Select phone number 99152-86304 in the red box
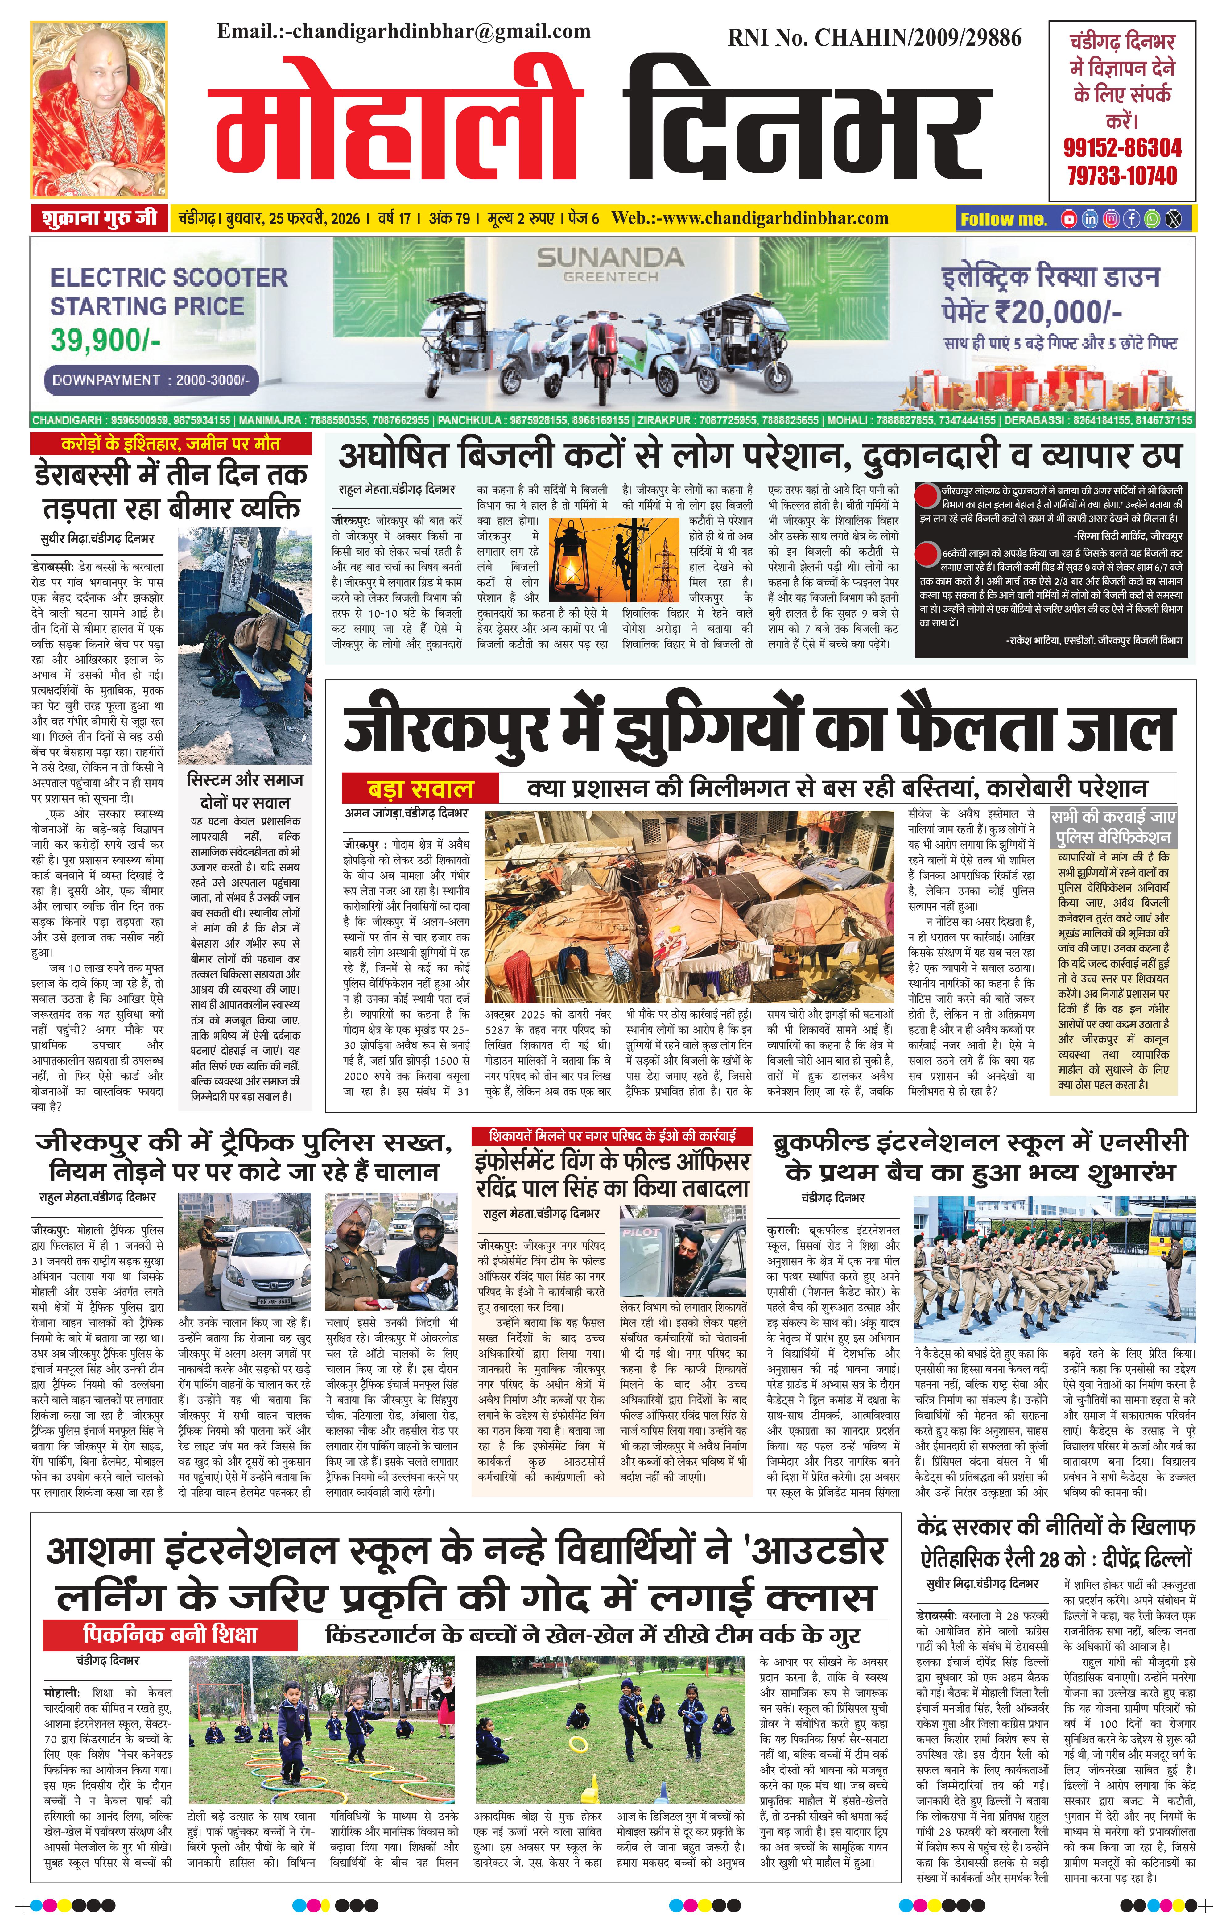(1122, 147)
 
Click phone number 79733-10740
(1122, 176)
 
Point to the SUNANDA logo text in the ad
(609, 258)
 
